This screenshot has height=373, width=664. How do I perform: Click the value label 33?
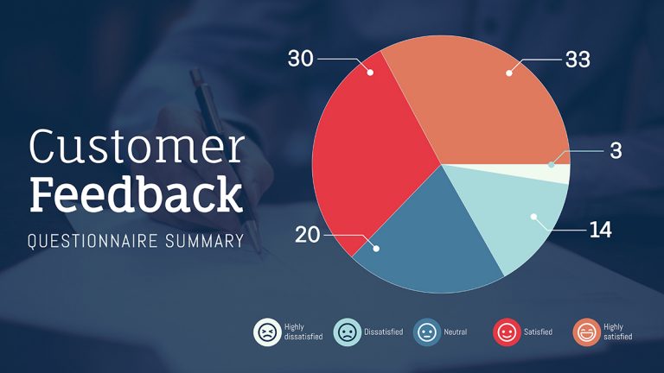point(578,60)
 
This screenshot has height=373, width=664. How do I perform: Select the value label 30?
point(300,59)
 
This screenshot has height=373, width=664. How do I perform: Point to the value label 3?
point(616,150)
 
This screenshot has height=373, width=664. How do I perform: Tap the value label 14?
point(600,231)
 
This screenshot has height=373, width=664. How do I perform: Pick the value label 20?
point(308,235)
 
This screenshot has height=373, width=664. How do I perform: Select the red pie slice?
point(372,155)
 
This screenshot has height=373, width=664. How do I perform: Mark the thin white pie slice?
point(553,174)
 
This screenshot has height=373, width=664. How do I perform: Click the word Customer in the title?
point(137,148)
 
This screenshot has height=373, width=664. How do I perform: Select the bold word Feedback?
point(136,195)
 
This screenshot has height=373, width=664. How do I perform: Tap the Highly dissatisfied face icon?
point(267,332)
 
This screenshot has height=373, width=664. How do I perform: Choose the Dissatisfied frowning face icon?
point(346,332)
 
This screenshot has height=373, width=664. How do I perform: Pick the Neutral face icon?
point(427,332)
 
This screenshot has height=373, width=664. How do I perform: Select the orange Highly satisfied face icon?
point(587,332)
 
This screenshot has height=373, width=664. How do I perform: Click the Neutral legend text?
point(455,332)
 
